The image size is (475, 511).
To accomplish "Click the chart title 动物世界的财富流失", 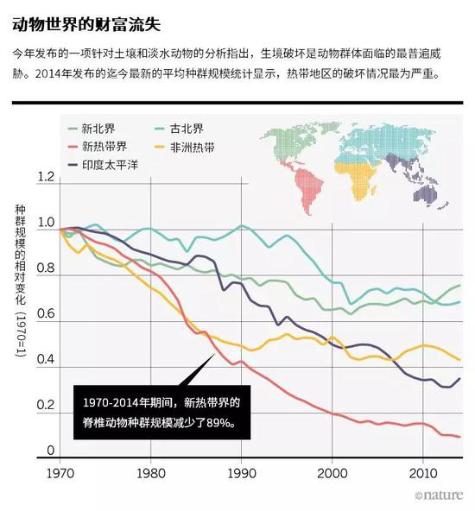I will [x=86, y=18].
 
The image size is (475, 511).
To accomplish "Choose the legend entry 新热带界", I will [x=106, y=147].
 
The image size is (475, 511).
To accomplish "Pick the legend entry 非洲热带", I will [x=192, y=147].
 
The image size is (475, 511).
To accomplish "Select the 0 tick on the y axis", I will [x=51, y=450].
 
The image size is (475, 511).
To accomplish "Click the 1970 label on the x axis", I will [x=60, y=474].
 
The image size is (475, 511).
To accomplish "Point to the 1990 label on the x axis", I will [x=241, y=474].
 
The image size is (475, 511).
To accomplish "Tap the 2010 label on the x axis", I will [x=422, y=474].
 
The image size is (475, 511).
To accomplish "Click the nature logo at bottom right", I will [x=440, y=496].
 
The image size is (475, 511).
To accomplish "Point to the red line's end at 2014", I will [x=459, y=438].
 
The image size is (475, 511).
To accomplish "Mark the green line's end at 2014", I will [x=459, y=286].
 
